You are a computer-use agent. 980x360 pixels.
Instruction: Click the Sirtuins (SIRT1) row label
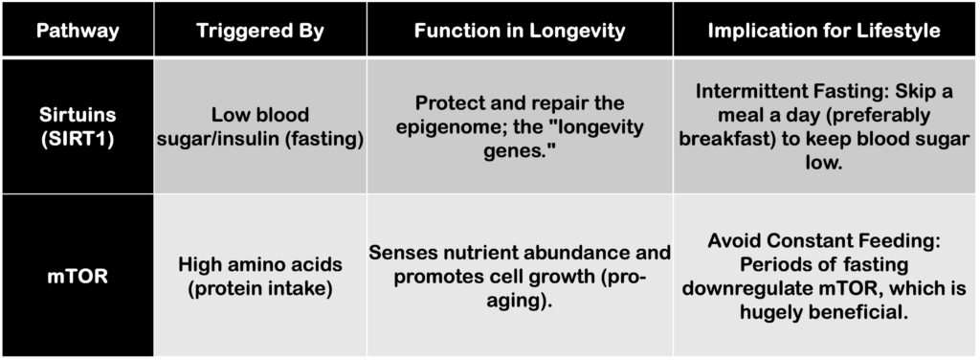(x=78, y=125)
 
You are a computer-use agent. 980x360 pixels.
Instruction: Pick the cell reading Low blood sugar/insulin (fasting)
(x=260, y=126)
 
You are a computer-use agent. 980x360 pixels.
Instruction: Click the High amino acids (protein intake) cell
(x=260, y=276)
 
